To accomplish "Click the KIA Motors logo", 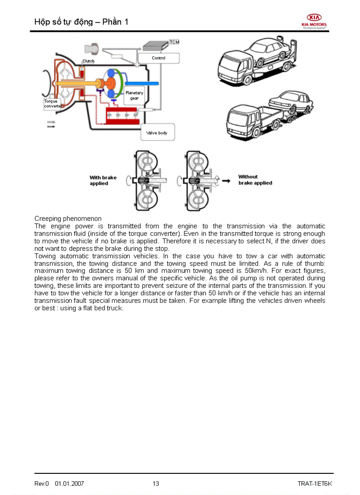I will click(x=314, y=20).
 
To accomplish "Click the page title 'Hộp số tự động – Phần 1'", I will click(x=81, y=22).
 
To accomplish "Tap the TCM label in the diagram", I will click(x=174, y=42).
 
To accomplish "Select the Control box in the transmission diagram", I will click(x=158, y=58).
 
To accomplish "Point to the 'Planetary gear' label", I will click(x=134, y=96).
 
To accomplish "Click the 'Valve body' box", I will click(x=157, y=132).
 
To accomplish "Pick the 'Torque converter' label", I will click(x=52, y=104).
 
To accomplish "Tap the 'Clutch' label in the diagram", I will click(x=88, y=61).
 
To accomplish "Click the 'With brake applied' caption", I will click(x=103, y=180).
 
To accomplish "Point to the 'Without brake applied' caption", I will click(x=255, y=180).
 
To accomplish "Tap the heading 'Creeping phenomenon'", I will click(x=68, y=219).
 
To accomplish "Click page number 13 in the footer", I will click(x=156, y=484).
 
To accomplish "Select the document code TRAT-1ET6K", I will click(x=315, y=484).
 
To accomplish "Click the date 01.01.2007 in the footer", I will click(x=69, y=484).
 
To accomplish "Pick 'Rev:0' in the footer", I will click(x=42, y=484).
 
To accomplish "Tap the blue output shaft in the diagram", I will click(x=141, y=83).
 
